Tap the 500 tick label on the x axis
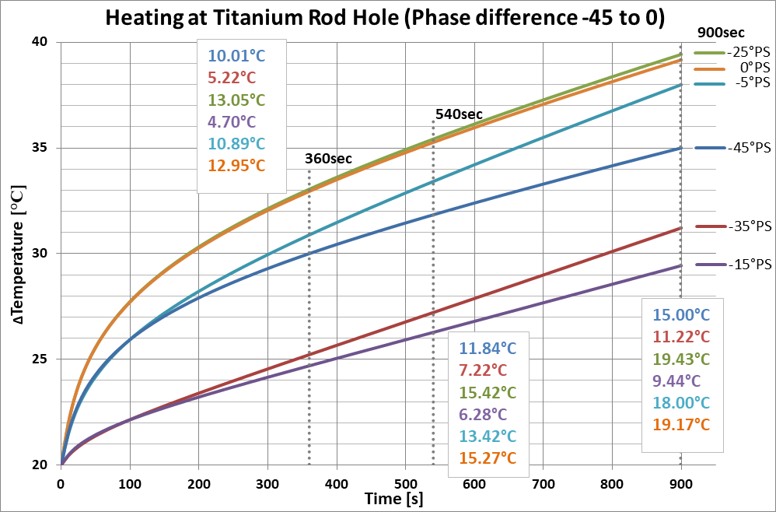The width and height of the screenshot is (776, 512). [x=404, y=483]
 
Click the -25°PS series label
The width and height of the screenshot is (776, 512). [x=748, y=53]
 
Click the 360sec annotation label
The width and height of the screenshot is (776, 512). [x=328, y=159]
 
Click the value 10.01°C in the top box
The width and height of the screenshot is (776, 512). [x=236, y=56]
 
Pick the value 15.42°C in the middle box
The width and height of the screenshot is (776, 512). [x=488, y=391]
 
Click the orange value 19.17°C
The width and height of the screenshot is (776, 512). [x=681, y=424]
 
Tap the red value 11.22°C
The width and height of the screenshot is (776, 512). [x=681, y=337]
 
